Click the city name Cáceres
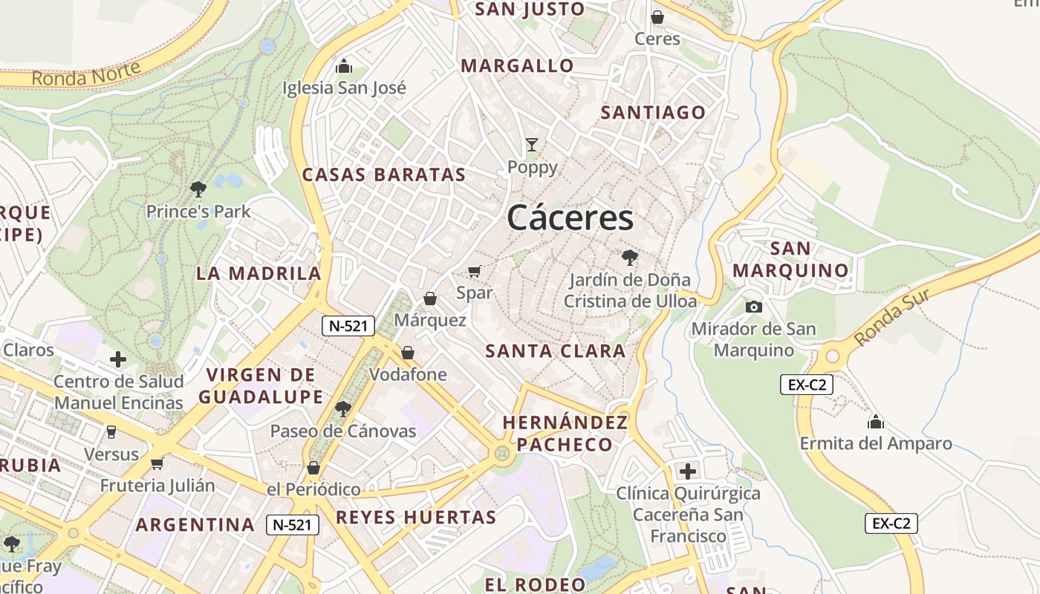pyautogui.click(x=571, y=218)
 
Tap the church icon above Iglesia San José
pyautogui.click(x=343, y=67)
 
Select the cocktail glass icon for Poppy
pyautogui.click(x=532, y=144)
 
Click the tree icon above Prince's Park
pyautogui.click(x=198, y=189)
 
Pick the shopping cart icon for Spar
pyautogui.click(x=475, y=272)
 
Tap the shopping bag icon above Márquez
pyautogui.click(x=429, y=298)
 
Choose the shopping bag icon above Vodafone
pyautogui.click(x=408, y=353)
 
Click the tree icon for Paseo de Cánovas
pyautogui.click(x=342, y=408)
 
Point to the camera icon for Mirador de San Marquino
pyautogui.click(x=753, y=307)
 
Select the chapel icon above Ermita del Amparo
pyautogui.click(x=876, y=422)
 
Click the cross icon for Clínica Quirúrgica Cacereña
pyautogui.click(x=688, y=471)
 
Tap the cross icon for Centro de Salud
pyautogui.click(x=118, y=359)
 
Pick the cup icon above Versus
pyautogui.click(x=111, y=431)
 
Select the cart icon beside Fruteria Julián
pyautogui.click(x=157, y=463)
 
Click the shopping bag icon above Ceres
pyautogui.click(x=657, y=16)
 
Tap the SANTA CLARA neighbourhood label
pyautogui.click(x=556, y=351)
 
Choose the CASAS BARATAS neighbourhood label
pyautogui.click(x=383, y=175)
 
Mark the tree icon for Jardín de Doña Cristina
pyautogui.click(x=630, y=258)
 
